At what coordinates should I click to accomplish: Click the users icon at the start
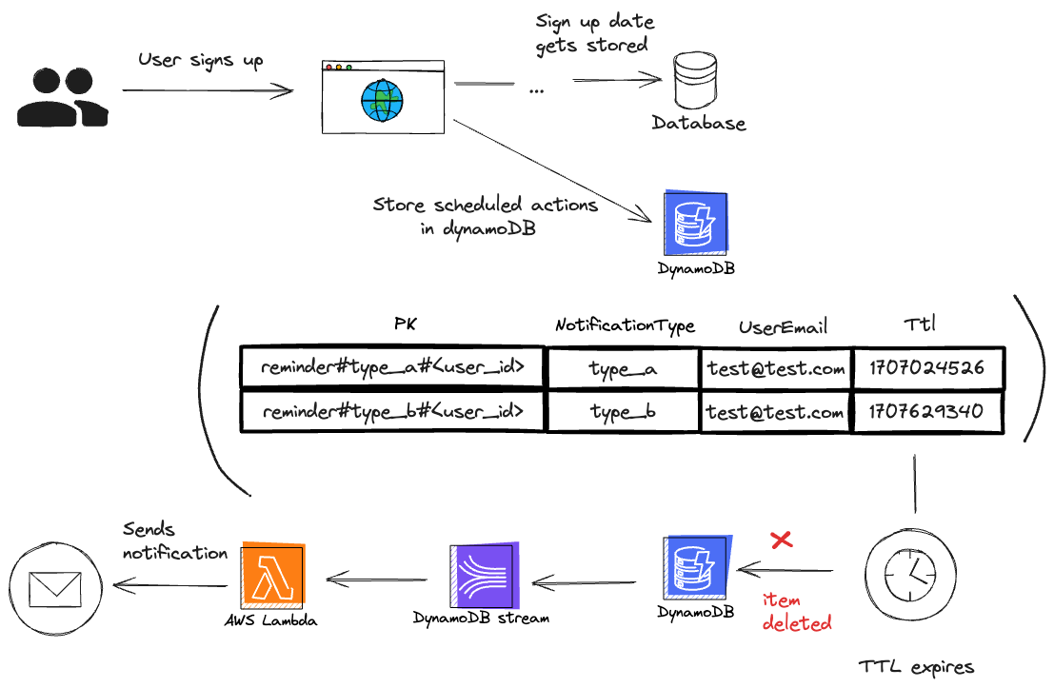pos(63,97)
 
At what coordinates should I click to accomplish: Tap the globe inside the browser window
pos(382,101)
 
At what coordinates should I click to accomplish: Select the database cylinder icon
pos(695,80)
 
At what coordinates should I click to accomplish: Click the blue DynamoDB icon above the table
pos(696,223)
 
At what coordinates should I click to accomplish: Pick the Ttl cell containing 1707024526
pos(927,367)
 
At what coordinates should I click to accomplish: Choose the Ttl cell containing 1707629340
pos(927,410)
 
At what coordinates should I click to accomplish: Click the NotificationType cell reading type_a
pos(623,368)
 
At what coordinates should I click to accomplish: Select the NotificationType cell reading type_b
pos(623,411)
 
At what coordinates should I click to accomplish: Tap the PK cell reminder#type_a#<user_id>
pos(392,367)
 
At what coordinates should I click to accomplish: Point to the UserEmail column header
pos(783,327)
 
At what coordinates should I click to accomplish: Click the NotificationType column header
pos(626,325)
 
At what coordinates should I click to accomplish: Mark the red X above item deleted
pos(781,540)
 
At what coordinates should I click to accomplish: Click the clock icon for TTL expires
pos(910,575)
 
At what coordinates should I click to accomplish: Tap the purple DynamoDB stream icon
pos(484,576)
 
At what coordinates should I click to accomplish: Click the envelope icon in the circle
pos(55,589)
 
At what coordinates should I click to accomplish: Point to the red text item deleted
pos(797,612)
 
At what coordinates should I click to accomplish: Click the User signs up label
pos(200,61)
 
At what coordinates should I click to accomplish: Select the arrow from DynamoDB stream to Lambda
pos(376,580)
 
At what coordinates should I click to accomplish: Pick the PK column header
pos(406,324)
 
